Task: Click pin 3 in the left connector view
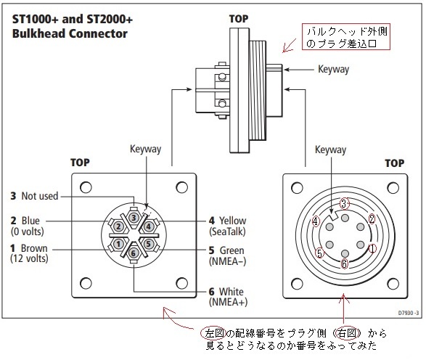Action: [134, 217]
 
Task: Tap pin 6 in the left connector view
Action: [133, 253]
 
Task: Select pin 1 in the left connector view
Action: [118, 244]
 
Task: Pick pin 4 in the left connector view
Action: [148, 226]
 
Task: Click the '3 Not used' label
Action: [35, 196]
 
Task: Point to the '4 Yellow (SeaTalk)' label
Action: [228, 226]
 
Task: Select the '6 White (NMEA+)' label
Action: [228, 297]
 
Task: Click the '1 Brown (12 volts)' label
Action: [29, 253]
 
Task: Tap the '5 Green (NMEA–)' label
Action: [227, 255]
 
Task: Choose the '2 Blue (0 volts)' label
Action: [27, 226]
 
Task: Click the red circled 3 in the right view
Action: [344, 203]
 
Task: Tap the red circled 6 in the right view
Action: [344, 263]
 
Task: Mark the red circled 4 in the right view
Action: [316, 221]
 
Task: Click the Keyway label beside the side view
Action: [334, 69]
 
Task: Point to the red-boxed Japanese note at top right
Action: [346, 37]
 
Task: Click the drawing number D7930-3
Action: [409, 313]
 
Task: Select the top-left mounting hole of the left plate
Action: [86, 187]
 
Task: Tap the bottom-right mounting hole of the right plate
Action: [393, 284]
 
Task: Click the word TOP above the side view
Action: [239, 19]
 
